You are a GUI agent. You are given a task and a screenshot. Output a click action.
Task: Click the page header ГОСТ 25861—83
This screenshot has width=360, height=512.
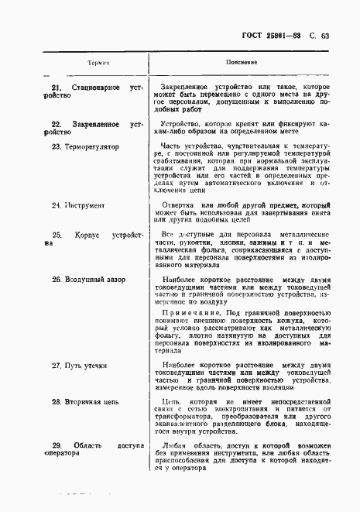coord(279,34)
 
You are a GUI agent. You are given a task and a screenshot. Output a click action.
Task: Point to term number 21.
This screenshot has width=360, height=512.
coord(56,87)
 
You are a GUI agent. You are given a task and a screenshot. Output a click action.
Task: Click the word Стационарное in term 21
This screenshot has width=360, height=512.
coord(90,87)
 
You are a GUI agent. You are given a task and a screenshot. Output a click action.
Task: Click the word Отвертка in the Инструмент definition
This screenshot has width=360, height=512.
coord(179,205)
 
